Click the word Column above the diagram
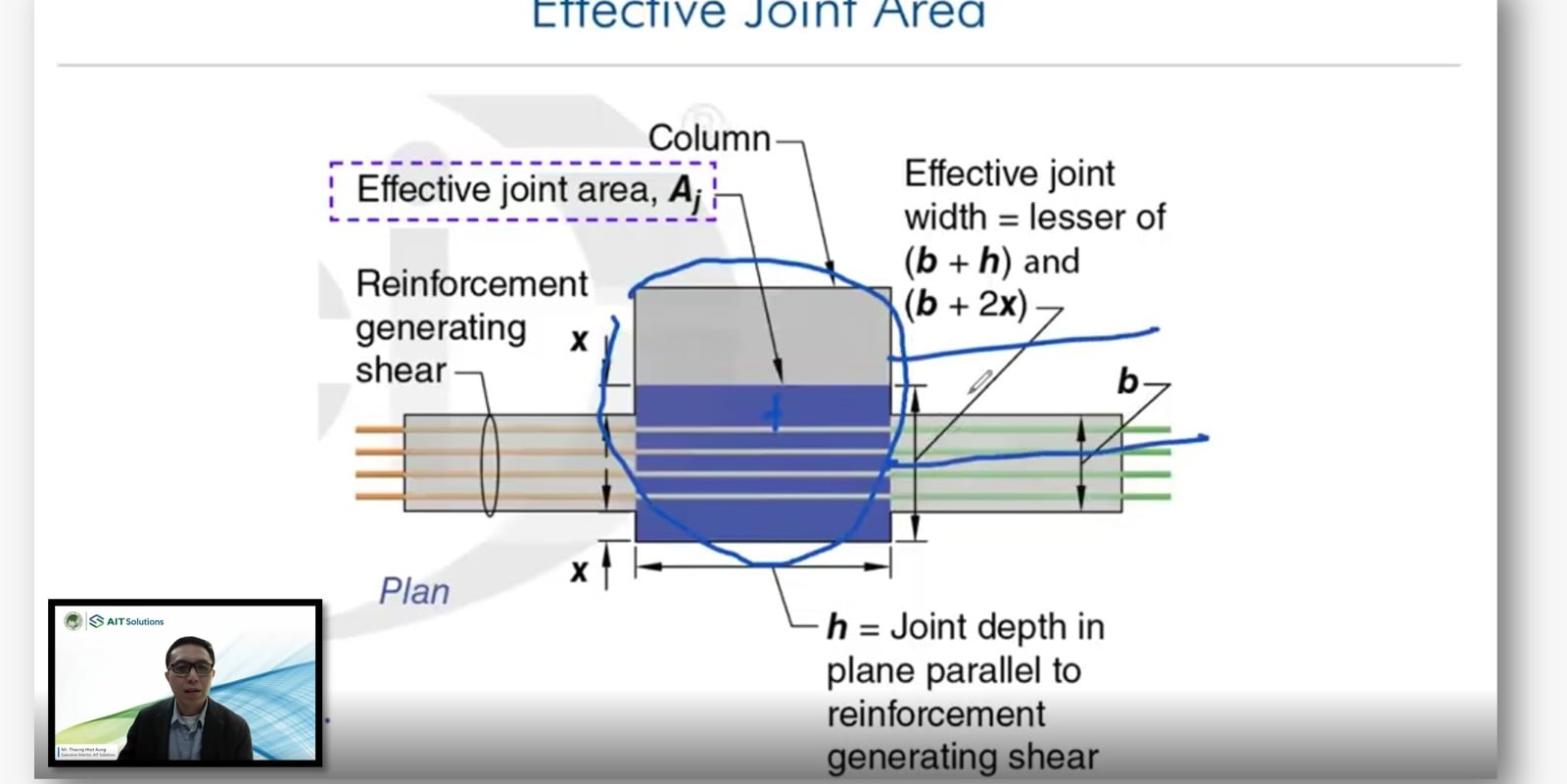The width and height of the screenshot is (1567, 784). click(x=709, y=138)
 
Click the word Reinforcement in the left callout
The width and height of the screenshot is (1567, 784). click(x=471, y=283)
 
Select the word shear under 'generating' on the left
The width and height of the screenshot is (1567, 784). click(x=401, y=370)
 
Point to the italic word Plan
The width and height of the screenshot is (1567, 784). click(x=414, y=591)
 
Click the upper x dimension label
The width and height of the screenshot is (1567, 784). click(x=579, y=340)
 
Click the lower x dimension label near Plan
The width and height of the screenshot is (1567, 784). click(x=579, y=570)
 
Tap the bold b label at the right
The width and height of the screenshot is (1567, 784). click(x=1128, y=380)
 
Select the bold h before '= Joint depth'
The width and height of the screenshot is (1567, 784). click(x=836, y=627)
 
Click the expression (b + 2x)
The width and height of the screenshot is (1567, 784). click(x=966, y=305)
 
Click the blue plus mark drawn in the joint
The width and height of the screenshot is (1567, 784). click(x=775, y=413)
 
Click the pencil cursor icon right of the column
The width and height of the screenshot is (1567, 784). click(x=980, y=381)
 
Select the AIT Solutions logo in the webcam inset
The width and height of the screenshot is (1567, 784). click(x=126, y=621)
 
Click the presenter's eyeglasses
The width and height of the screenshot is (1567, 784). click(x=190, y=667)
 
